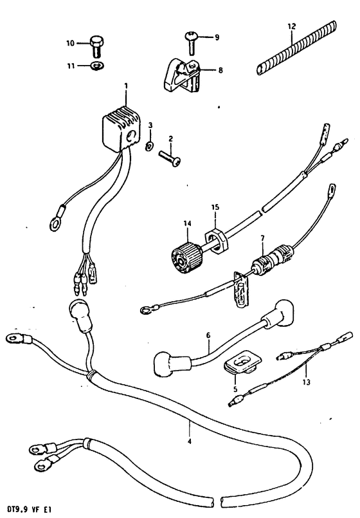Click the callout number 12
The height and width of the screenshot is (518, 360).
tap(292, 26)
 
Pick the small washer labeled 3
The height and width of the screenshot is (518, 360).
tap(149, 145)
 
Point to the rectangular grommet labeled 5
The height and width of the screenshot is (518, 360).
tap(242, 361)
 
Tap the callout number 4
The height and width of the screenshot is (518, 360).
tap(189, 441)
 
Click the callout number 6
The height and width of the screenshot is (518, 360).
tap(208, 335)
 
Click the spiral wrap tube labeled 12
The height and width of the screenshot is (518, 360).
tap(296, 48)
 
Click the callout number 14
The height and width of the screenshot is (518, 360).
tap(188, 224)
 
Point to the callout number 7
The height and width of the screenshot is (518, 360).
tap(262, 237)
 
